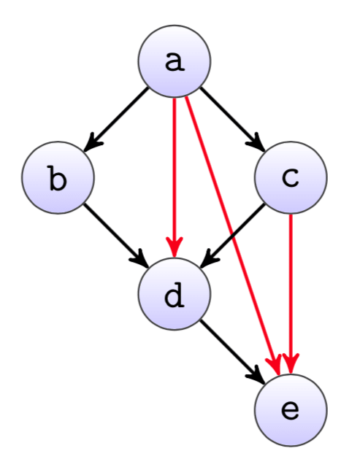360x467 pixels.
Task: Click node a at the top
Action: click(175, 61)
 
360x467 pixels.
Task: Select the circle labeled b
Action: click(58, 177)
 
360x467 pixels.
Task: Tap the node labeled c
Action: click(291, 177)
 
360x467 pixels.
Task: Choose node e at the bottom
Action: click(291, 410)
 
